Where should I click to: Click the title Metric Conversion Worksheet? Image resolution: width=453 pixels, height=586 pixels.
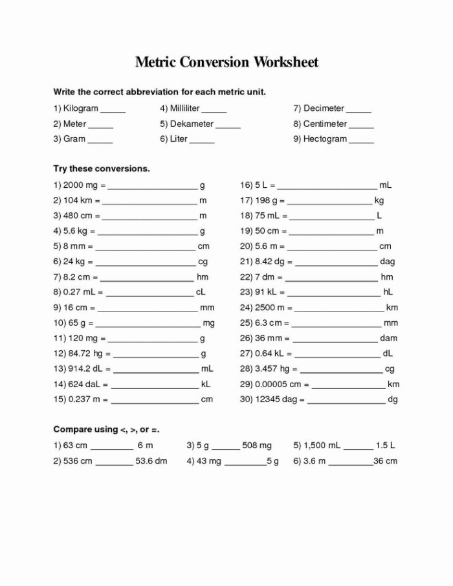tap(226, 62)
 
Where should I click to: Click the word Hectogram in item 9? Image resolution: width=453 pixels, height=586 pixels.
tap(325, 139)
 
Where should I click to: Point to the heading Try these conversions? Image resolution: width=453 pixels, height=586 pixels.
tap(102, 168)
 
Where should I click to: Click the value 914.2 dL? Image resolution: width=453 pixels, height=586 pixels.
tap(86, 368)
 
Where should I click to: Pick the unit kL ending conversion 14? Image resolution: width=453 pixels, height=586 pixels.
tap(206, 384)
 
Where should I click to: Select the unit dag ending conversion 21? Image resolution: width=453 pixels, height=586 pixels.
tap(387, 262)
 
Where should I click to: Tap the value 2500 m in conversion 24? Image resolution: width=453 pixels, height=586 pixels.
tap(271, 308)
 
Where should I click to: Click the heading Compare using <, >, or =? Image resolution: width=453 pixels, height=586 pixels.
tap(106, 429)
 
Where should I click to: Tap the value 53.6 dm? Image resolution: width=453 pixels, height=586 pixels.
tap(151, 461)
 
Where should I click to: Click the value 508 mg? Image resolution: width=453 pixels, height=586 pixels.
tap(257, 445)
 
